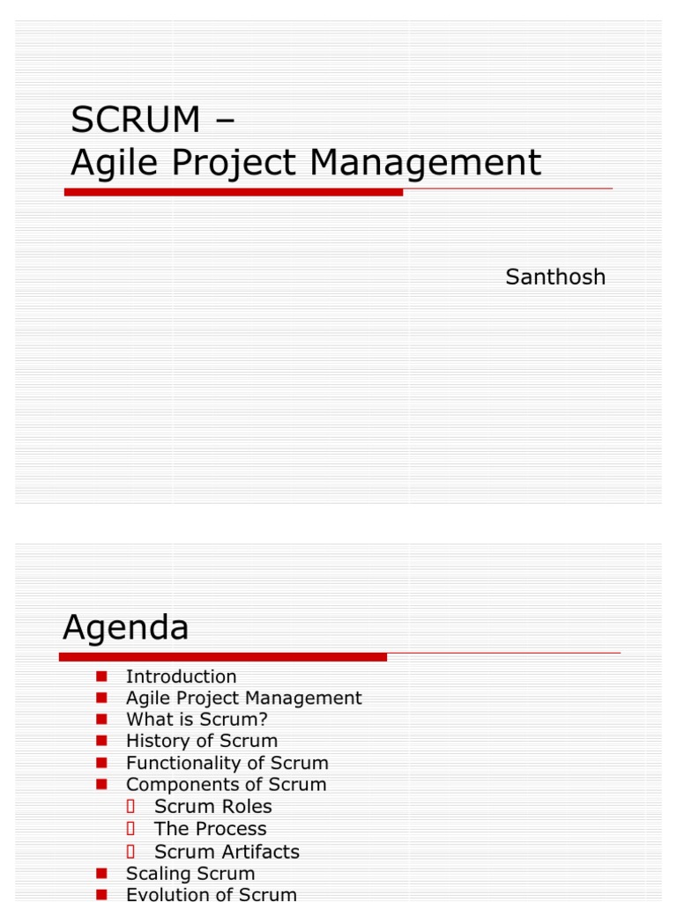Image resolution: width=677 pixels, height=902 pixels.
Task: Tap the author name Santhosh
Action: (555, 277)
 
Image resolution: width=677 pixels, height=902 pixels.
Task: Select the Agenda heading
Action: (126, 628)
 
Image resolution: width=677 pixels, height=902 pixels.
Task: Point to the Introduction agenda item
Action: (181, 676)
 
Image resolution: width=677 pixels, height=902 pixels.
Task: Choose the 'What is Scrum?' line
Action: (197, 719)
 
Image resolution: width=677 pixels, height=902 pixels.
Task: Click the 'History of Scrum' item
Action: (201, 741)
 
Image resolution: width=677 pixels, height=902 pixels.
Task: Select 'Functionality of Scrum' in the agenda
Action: (227, 763)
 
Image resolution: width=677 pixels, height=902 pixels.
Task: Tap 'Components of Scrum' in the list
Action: (226, 784)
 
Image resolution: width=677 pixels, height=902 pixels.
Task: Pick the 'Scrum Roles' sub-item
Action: (212, 806)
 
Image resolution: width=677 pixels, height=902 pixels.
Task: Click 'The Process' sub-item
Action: (210, 829)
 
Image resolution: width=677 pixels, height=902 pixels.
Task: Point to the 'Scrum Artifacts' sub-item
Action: (227, 852)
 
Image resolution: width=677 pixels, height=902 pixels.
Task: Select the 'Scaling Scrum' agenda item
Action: (190, 874)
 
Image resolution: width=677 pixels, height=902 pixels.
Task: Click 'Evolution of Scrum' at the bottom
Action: (211, 895)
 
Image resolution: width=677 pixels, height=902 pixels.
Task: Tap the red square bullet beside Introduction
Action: (101, 676)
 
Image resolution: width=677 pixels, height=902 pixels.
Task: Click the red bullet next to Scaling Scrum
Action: (101, 874)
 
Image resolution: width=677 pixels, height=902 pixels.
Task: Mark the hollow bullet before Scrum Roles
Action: (130, 806)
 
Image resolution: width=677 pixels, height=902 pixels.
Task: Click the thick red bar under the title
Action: (234, 191)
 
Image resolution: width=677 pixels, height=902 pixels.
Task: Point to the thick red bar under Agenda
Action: (223, 656)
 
